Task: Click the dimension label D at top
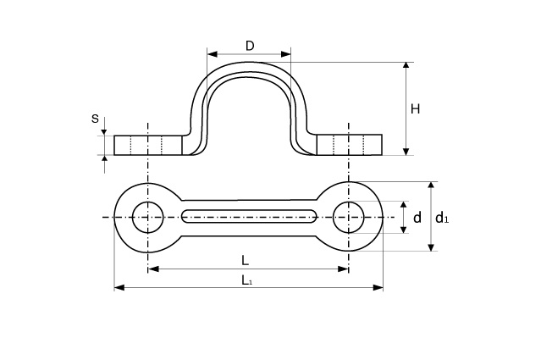tap(250, 46)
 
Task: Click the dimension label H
tap(416, 108)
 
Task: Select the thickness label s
tap(95, 119)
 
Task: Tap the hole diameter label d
tap(417, 219)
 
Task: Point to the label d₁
tap(441, 219)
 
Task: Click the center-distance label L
tap(245, 259)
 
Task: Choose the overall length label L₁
tap(246, 279)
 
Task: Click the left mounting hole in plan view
tap(148, 217)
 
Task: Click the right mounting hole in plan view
tap(348, 217)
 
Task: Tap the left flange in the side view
tap(148, 145)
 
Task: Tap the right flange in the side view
tap(349, 145)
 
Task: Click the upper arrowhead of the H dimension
tap(407, 65)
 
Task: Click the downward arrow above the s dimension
tap(104, 131)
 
